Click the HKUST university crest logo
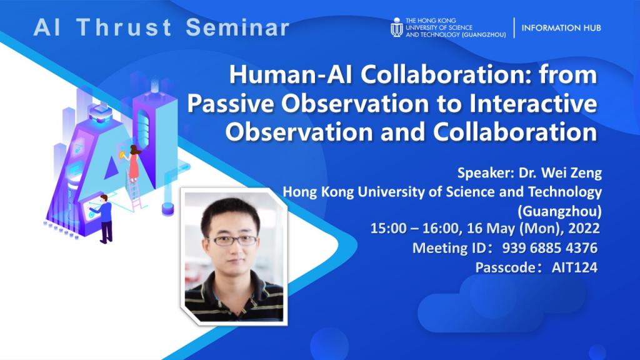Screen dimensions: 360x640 [396, 27]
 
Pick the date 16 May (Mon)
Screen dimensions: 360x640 [522, 228]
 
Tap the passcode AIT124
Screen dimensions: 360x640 [574, 267]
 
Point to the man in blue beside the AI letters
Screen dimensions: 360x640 [105, 217]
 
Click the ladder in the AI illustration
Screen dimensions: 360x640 [136, 194]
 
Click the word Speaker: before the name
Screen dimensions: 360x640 [484, 172]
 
